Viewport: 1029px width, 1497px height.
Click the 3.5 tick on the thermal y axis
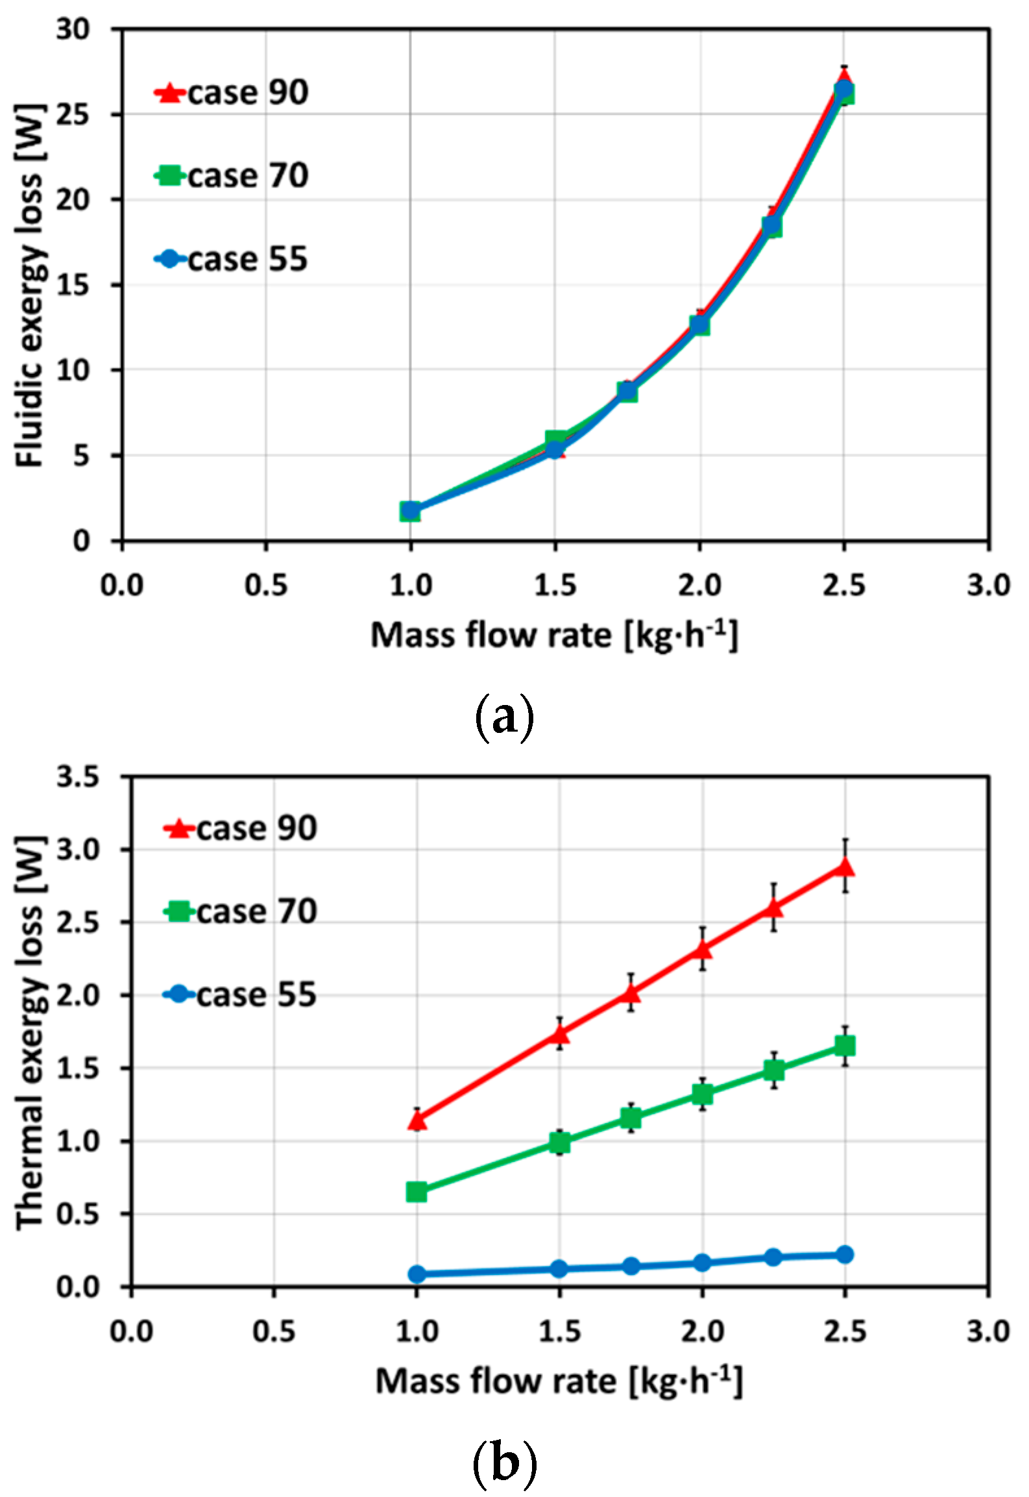(x=77, y=776)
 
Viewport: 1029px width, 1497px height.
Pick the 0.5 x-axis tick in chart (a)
(x=265, y=586)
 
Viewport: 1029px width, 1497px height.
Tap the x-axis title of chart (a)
(x=555, y=635)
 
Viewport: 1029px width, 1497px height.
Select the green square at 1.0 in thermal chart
(x=417, y=1191)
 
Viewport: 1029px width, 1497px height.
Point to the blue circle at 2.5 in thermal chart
(x=845, y=1254)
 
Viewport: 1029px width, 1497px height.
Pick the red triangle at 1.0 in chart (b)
(x=417, y=1120)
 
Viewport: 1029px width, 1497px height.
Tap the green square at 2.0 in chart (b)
(x=702, y=1094)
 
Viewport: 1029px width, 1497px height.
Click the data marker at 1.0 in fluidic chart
(x=410, y=511)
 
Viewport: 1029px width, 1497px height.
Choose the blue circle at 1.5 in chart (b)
(x=559, y=1268)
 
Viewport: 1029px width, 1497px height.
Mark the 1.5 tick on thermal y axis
(x=77, y=1069)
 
